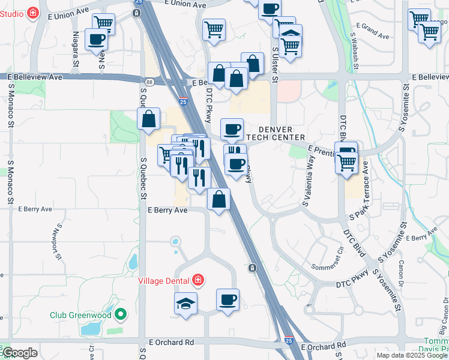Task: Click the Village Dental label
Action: pos(164,280)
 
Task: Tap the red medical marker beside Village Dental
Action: pos(197,280)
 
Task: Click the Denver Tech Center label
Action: pos(276,133)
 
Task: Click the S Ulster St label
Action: pos(275,65)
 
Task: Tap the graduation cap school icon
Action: pos(185,302)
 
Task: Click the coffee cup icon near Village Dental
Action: pos(228,299)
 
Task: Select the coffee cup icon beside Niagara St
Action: pos(96,40)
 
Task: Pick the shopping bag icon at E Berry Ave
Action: pos(219,199)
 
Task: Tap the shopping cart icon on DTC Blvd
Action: pos(347,162)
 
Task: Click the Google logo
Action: pos(20,353)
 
